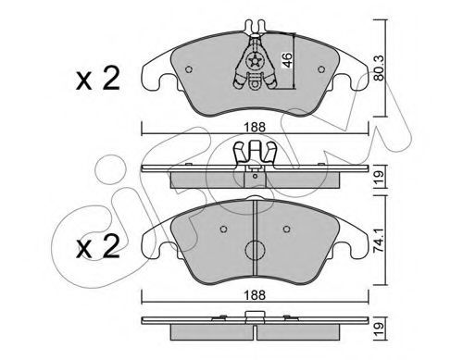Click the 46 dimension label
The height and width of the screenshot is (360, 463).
click(287, 60)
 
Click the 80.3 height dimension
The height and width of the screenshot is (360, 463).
click(379, 68)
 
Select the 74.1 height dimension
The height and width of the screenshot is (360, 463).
click(379, 241)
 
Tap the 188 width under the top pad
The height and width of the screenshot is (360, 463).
click(255, 127)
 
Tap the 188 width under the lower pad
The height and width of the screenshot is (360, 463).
click(255, 295)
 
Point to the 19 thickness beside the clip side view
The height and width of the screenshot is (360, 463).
click(380, 178)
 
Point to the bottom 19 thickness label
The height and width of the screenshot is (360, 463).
click(380, 329)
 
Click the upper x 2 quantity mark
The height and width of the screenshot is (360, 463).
click(98, 79)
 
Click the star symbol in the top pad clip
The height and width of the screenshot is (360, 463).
click(255, 61)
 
